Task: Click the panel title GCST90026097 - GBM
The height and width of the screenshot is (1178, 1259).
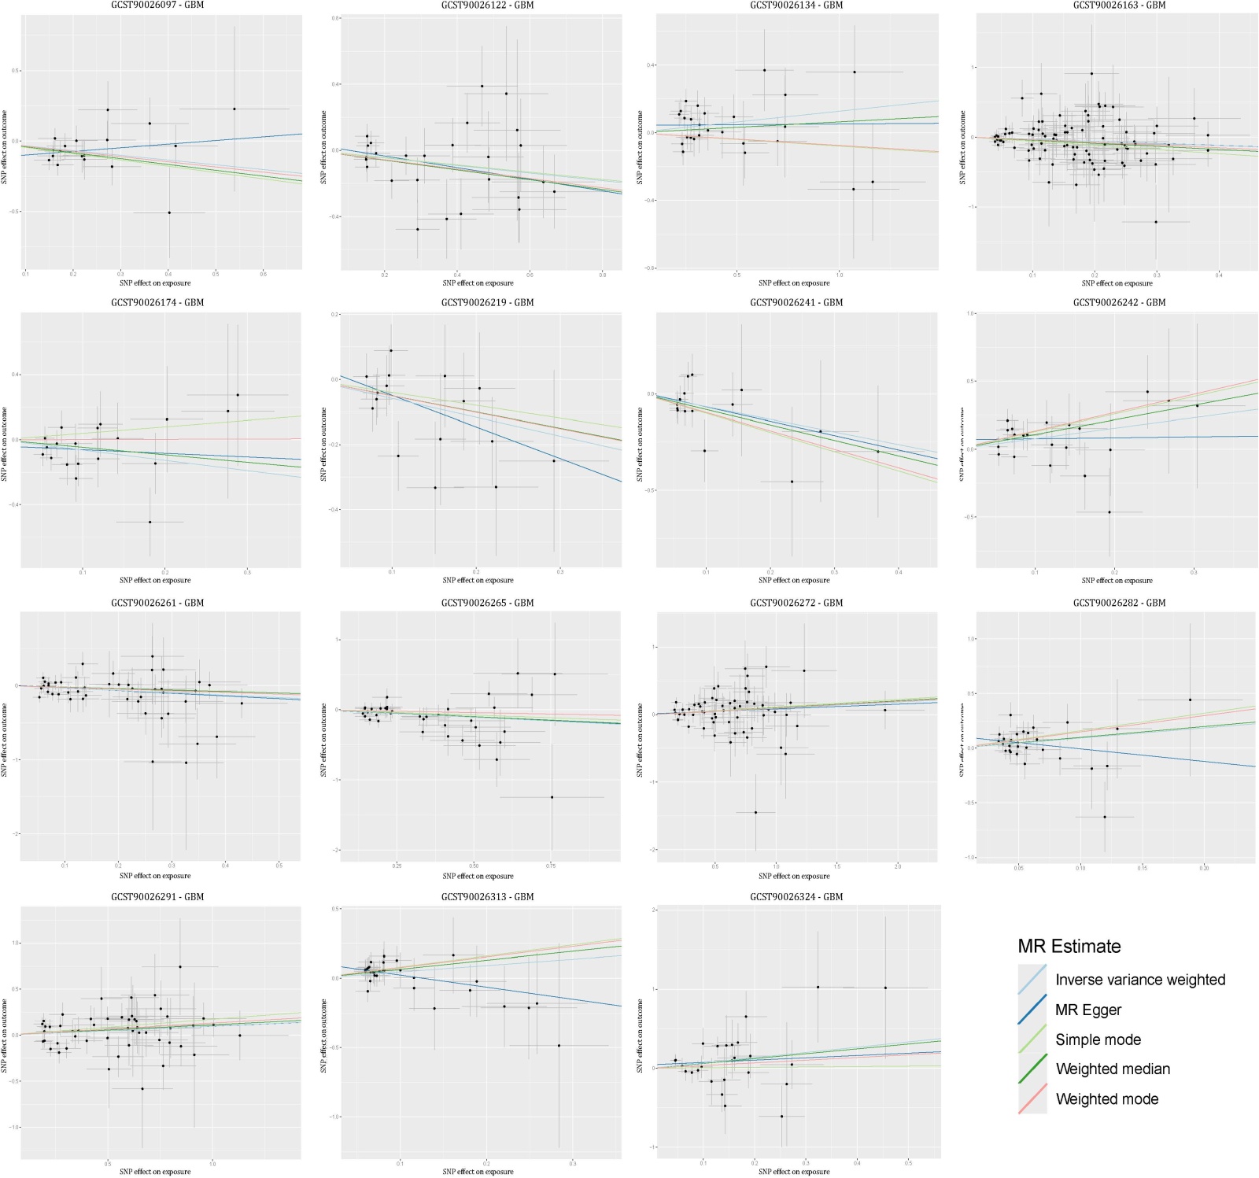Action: click(x=157, y=6)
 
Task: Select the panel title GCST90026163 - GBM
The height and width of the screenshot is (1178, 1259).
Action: click(x=1119, y=6)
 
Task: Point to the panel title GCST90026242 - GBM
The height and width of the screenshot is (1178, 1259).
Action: click(x=1119, y=302)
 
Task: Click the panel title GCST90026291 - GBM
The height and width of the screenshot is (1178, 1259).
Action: click(x=157, y=896)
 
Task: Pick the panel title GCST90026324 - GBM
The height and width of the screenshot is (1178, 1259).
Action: click(x=796, y=896)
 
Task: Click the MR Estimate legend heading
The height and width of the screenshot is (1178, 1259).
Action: click(x=1069, y=946)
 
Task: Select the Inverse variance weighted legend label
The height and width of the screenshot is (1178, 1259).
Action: click(x=1140, y=980)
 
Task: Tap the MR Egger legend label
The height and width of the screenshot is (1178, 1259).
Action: click(x=1088, y=1010)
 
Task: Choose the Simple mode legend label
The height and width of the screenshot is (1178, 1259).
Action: click(x=1098, y=1040)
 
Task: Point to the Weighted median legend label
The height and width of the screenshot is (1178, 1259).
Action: click(x=1113, y=1069)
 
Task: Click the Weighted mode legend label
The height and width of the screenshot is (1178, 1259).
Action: click(x=1106, y=1099)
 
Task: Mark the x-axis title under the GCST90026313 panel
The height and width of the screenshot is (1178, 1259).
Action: click(x=478, y=1172)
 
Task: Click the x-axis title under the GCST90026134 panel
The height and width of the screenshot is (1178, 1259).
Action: click(x=794, y=283)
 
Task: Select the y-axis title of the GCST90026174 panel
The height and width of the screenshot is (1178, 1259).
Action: click(x=5, y=445)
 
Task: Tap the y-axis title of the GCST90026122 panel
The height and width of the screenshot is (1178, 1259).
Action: click(x=324, y=147)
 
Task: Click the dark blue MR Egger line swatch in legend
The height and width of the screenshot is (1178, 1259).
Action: click(x=1032, y=1010)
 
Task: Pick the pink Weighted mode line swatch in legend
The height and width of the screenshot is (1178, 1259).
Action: click(x=1032, y=1099)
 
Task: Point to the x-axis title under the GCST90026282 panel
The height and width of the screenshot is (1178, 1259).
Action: click(x=1117, y=876)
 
